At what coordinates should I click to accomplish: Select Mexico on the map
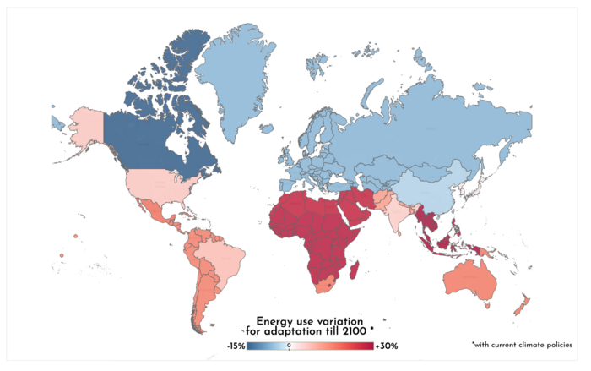pyautogui.click(x=153, y=208)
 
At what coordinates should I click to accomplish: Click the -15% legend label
pyautogui.click(x=236, y=346)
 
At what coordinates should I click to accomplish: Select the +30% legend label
pyautogui.click(x=386, y=346)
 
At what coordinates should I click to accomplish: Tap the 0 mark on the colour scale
pyautogui.click(x=289, y=346)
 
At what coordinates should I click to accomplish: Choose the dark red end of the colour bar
pyautogui.click(x=367, y=346)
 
